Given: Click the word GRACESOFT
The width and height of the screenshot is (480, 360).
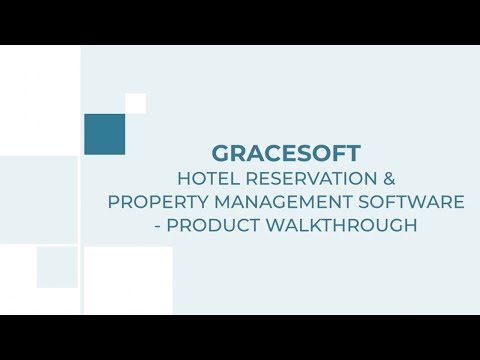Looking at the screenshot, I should tap(286, 154).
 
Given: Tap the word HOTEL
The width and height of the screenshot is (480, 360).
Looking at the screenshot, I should tap(204, 179).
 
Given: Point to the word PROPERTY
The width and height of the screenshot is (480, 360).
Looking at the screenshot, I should tap(150, 202).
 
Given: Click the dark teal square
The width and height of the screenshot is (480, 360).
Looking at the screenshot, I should tap(104, 134).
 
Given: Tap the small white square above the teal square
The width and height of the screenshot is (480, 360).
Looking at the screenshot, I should tap(135, 103).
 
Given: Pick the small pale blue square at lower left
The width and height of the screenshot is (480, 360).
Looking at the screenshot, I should tap(57, 267).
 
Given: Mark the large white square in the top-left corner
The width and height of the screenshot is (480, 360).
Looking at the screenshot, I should tap(39, 100).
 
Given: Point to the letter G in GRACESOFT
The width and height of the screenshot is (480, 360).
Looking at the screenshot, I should tap(220, 154).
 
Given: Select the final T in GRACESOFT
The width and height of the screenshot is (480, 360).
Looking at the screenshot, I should tap(354, 154).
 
